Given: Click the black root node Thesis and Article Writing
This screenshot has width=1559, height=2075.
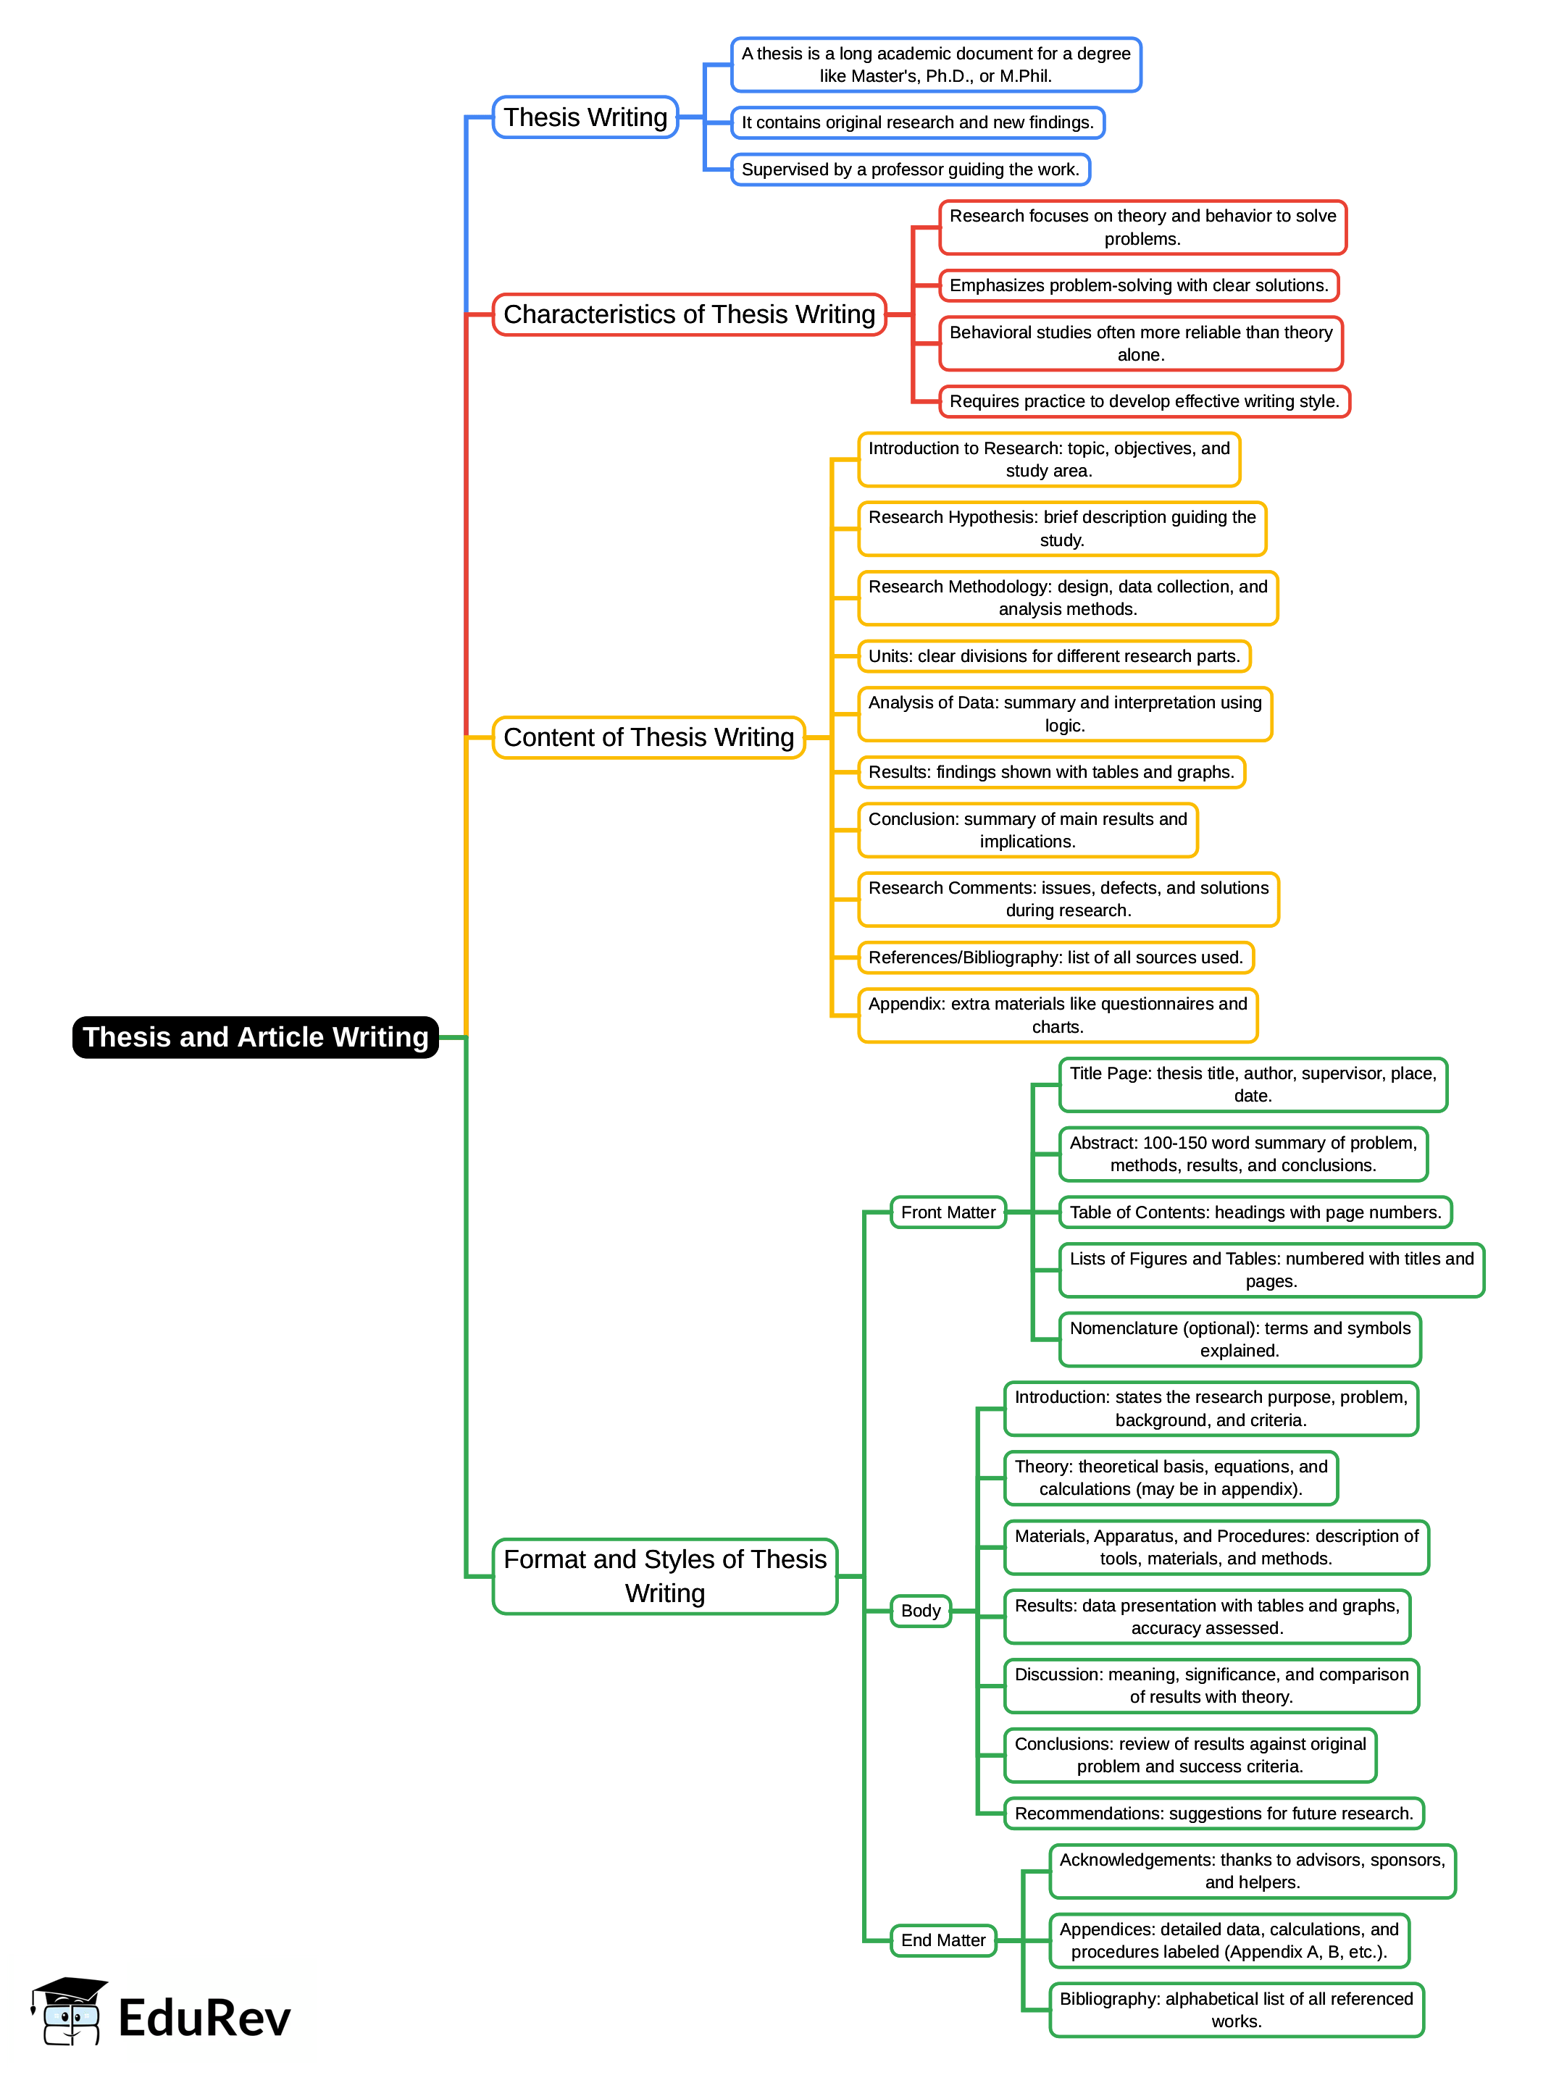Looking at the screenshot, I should click(x=255, y=1036).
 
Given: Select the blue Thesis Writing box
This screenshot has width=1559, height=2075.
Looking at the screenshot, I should click(x=585, y=117).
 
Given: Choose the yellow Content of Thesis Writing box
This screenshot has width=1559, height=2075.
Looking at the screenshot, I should click(x=648, y=737).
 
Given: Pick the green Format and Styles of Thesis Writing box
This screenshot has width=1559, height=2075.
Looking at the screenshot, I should click(x=664, y=1576).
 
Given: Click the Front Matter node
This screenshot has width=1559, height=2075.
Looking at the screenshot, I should click(x=948, y=1212).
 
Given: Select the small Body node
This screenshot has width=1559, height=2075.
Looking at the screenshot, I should click(x=920, y=1611).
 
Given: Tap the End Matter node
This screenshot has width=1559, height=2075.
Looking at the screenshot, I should click(x=942, y=1940).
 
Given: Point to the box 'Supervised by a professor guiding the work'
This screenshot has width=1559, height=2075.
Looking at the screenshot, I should click(x=910, y=169).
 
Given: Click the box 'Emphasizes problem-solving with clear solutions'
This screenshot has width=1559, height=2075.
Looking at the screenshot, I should click(x=1138, y=285).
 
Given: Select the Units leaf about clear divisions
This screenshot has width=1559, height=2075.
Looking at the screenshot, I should click(x=1053, y=655).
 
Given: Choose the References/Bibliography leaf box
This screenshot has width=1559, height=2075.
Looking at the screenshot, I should click(x=1056, y=957).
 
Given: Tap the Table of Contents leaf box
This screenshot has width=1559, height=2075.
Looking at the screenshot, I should click(x=1254, y=1212).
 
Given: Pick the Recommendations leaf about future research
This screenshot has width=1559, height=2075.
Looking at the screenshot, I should click(x=1213, y=1814).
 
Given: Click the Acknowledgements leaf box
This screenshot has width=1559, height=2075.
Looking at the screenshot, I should click(x=1251, y=1871).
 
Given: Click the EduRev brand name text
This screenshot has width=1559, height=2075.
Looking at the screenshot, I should click(x=204, y=2019).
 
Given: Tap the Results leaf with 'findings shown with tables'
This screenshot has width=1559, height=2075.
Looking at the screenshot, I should click(x=1050, y=772).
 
